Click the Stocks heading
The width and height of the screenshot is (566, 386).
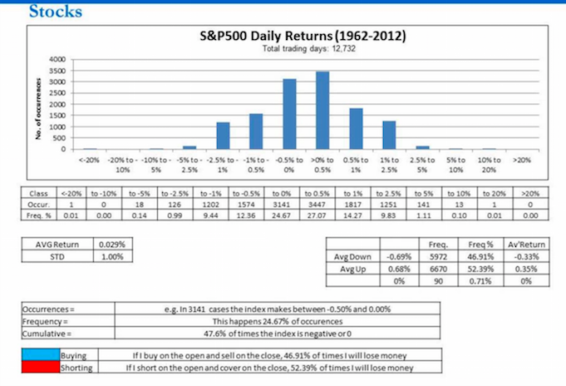pyautogui.click(x=54, y=12)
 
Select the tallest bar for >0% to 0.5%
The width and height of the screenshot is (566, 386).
pyautogui.click(x=322, y=110)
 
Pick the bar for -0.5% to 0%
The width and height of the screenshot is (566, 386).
pyautogui.click(x=289, y=114)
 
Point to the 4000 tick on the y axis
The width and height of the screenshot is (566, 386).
pyautogui.click(x=57, y=60)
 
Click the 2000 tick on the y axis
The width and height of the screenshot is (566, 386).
pyautogui.click(x=57, y=105)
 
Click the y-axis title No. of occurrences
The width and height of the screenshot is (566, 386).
pyautogui.click(x=38, y=103)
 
